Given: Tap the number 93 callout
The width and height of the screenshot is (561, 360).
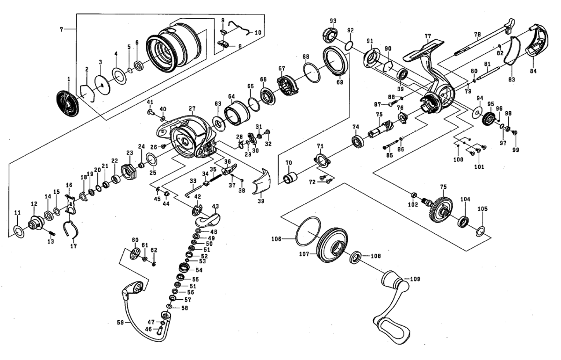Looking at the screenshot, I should (x=333, y=21).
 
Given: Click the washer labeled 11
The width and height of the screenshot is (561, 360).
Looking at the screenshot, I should (x=18, y=230).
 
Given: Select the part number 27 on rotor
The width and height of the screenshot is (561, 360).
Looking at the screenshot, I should (x=192, y=108).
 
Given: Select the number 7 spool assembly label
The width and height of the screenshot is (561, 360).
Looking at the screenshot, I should (x=61, y=29).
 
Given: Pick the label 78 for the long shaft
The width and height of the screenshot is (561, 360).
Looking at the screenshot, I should (x=477, y=35).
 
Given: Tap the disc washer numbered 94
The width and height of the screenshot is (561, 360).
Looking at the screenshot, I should (x=478, y=113).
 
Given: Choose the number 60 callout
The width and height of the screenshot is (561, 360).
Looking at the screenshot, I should (x=136, y=240).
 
